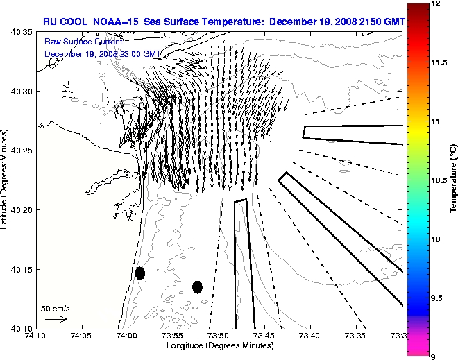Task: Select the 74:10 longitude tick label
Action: [x=36, y=336]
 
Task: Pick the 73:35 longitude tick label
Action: [x=356, y=336]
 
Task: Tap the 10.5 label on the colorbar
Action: [x=440, y=180]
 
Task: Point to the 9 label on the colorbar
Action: [x=434, y=357]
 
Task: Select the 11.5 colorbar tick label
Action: [x=440, y=62]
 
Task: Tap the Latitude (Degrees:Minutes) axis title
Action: [x=6, y=180]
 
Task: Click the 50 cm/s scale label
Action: [x=56, y=309]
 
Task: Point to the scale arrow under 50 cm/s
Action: [x=56, y=320]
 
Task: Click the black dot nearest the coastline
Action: [x=140, y=273]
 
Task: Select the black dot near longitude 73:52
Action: [x=197, y=286]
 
